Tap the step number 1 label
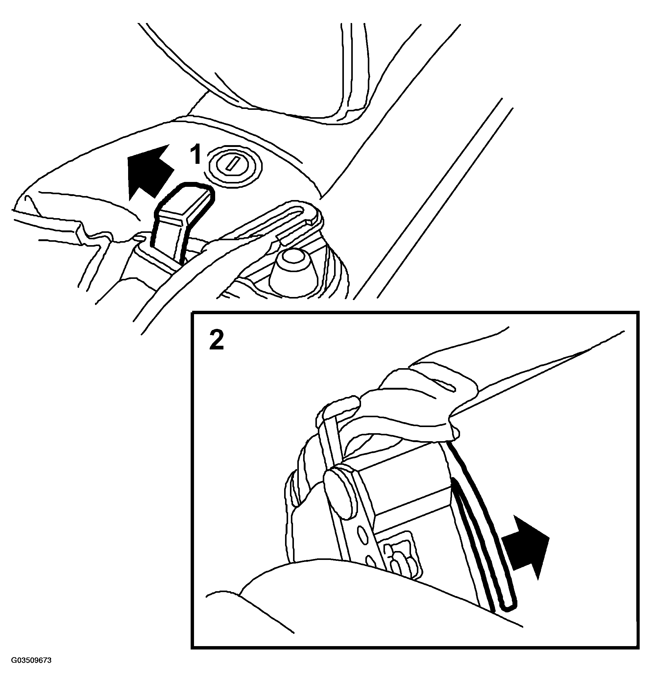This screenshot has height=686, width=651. [196, 155]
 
